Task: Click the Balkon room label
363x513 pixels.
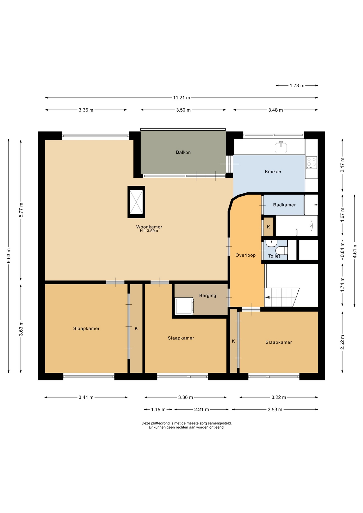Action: (183, 152)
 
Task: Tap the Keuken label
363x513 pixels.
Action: (273, 172)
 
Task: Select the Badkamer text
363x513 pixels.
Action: (284, 205)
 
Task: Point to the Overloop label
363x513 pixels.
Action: (245, 255)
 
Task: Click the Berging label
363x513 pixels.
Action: (208, 296)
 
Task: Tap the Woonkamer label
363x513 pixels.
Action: (149, 227)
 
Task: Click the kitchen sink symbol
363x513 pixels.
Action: (281, 147)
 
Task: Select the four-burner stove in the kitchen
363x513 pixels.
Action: (311, 162)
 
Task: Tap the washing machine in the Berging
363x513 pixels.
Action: (184, 306)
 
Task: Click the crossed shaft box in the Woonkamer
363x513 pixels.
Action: (136, 202)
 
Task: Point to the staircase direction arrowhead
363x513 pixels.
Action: (267, 297)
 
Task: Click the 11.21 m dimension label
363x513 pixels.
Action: (181, 98)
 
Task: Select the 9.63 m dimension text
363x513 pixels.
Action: (9, 256)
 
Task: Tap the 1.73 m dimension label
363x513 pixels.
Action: (297, 85)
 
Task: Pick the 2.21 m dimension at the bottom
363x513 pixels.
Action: (202, 409)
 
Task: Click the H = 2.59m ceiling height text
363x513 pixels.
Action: (149, 231)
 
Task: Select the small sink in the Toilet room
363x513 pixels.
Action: (271, 243)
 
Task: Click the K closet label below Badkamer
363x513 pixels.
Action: (268, 227)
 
